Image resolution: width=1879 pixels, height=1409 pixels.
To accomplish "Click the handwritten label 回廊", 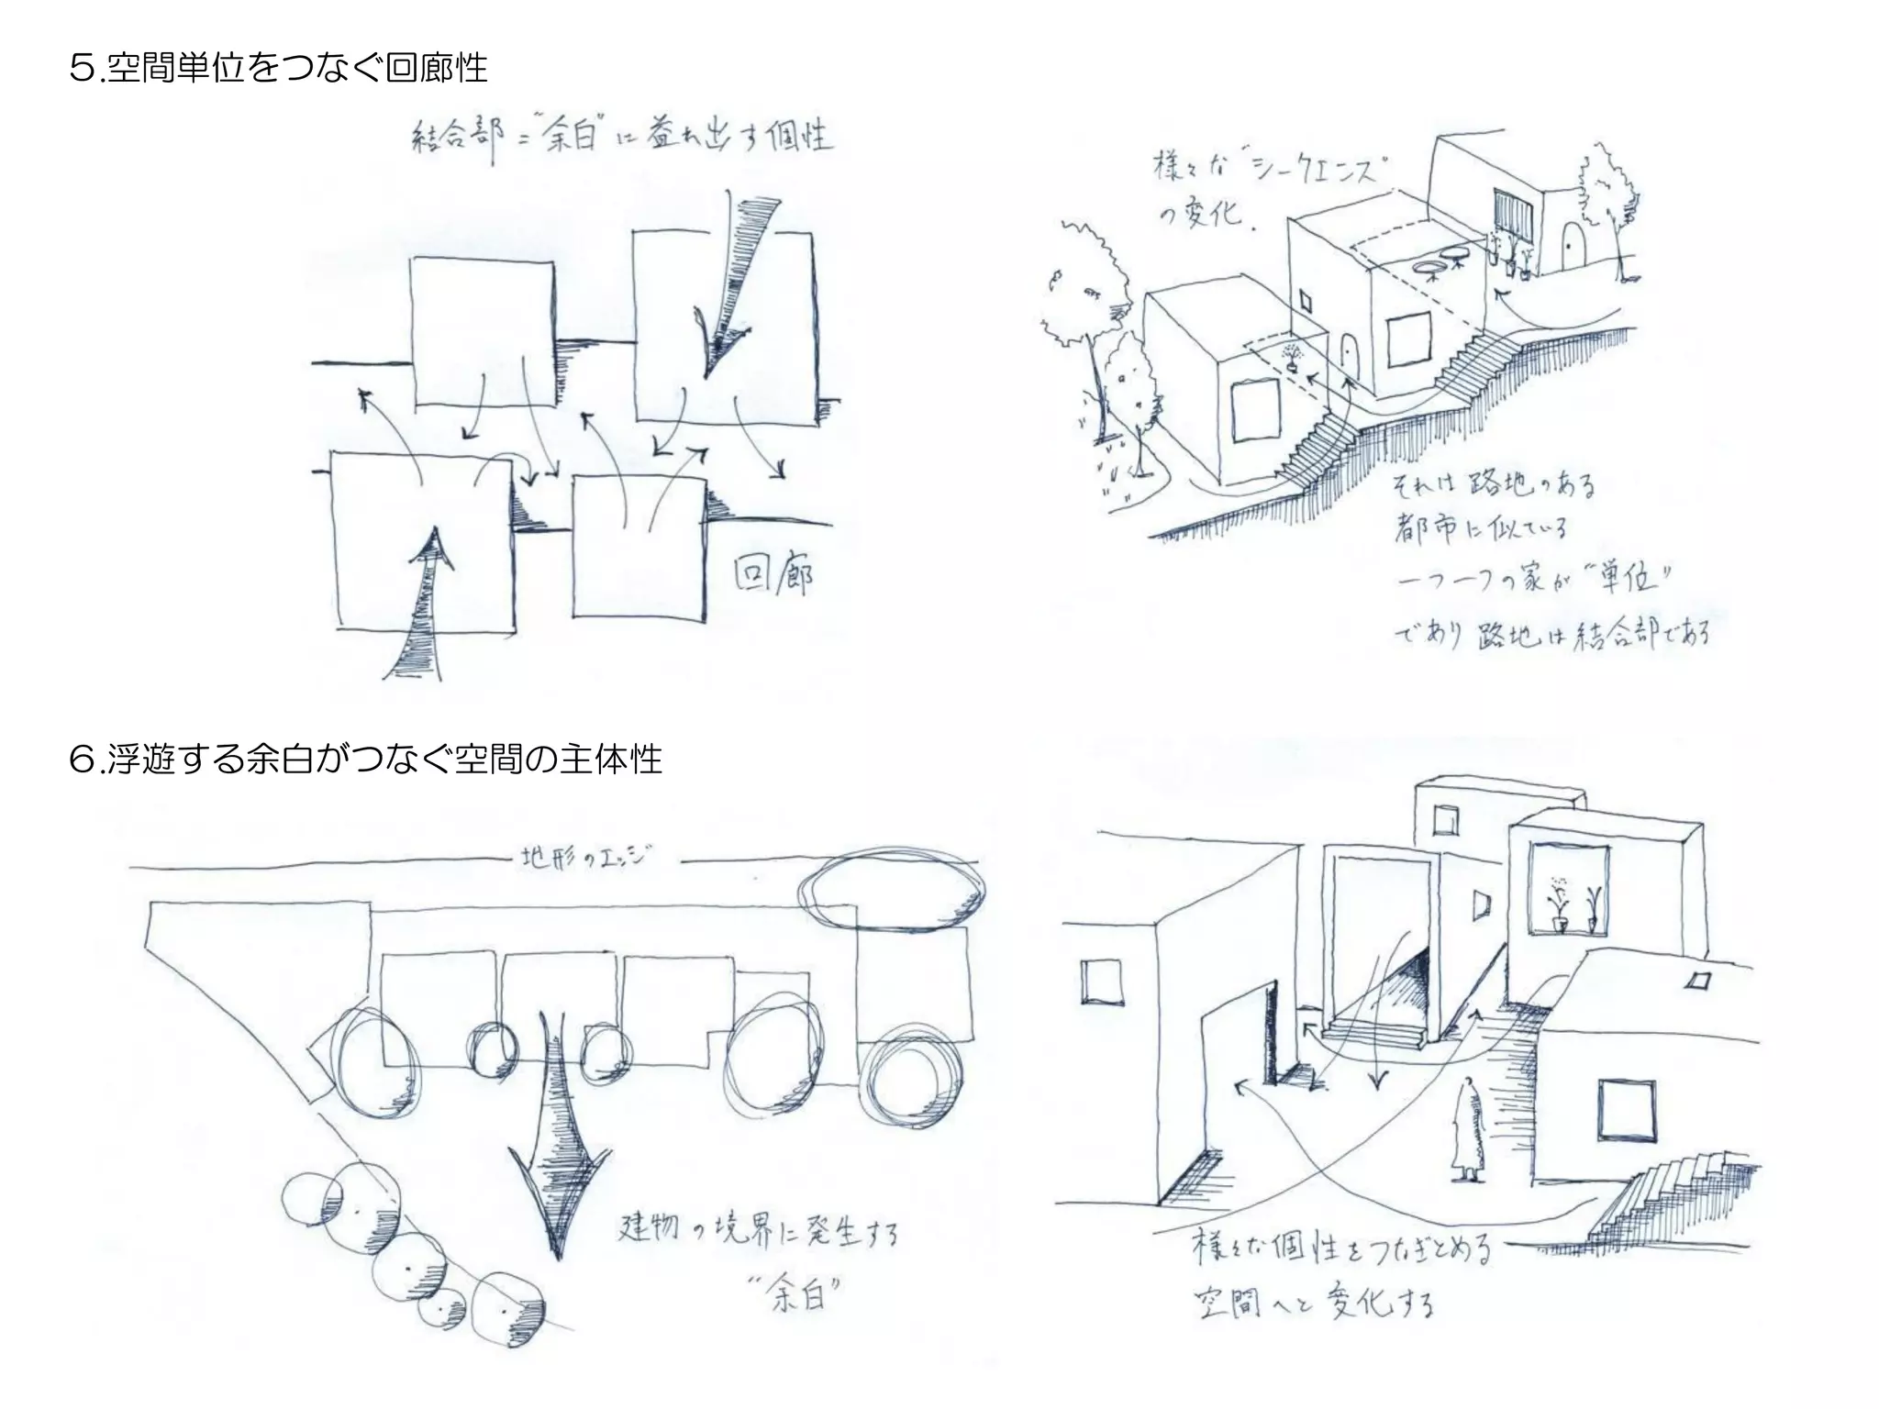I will click(x=773, y=575).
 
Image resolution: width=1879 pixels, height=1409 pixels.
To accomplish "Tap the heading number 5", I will click(x=81, y=68).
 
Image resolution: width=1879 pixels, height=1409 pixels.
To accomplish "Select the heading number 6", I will click(x=81, y=760).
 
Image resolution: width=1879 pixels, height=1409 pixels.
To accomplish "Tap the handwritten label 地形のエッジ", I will click(x=587, y=860).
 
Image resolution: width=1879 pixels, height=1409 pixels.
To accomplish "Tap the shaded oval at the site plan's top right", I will click(x=891, y=890).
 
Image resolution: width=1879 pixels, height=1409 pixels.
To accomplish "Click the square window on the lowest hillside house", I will click(x=1255, y=410).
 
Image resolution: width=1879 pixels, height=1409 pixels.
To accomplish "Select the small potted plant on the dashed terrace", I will click(x=1293, y=356).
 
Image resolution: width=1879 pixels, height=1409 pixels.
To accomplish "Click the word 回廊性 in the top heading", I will click(x=436, y=68).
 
